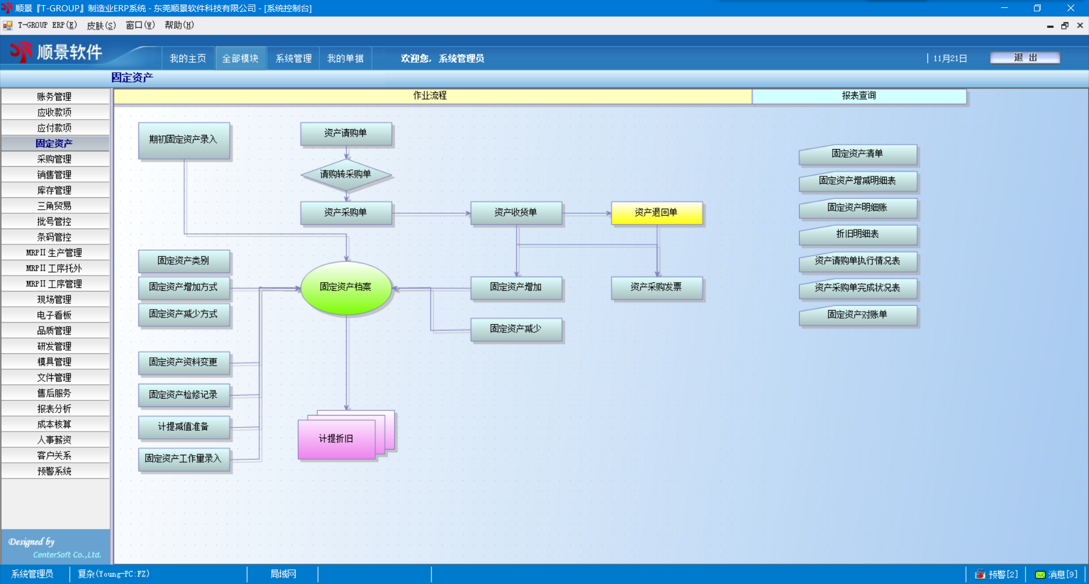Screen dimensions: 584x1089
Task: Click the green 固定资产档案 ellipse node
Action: click(x=346, y=287)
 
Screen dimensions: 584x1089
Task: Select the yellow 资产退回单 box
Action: click(x=656, y=213)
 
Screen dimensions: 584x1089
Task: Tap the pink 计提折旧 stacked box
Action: click(x=336, y=439)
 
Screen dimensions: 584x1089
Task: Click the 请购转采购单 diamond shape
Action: click(x=345, y=175)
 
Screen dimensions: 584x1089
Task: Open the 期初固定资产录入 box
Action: click(x=184, y=139)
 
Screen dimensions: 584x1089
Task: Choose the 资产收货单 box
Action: click(x=516, y=213)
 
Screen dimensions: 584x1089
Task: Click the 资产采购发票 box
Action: click(x=656, y=287)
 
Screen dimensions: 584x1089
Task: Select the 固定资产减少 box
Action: click(x=516, y=329)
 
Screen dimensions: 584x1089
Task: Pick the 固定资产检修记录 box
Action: click(x=184, y=395)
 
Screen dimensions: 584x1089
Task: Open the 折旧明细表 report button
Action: click(x=858, y=235)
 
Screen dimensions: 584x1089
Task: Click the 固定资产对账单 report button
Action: click(x=858, y=315)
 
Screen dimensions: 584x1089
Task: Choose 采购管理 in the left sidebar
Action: click(x=54, y=159)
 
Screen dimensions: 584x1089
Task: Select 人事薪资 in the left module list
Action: click(x=54, y=440)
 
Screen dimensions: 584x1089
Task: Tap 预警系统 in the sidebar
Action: click(x=54, y=471)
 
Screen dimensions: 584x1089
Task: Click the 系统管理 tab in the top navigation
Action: click(x=293, y=58)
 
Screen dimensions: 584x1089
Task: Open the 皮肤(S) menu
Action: click(x=101, y=26)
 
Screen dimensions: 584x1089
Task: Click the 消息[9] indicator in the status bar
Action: click(x=1056, y=574)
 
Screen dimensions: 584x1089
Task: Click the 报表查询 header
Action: click(x=859, y=96)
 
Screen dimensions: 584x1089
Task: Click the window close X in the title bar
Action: click(x=1070, y=8)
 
